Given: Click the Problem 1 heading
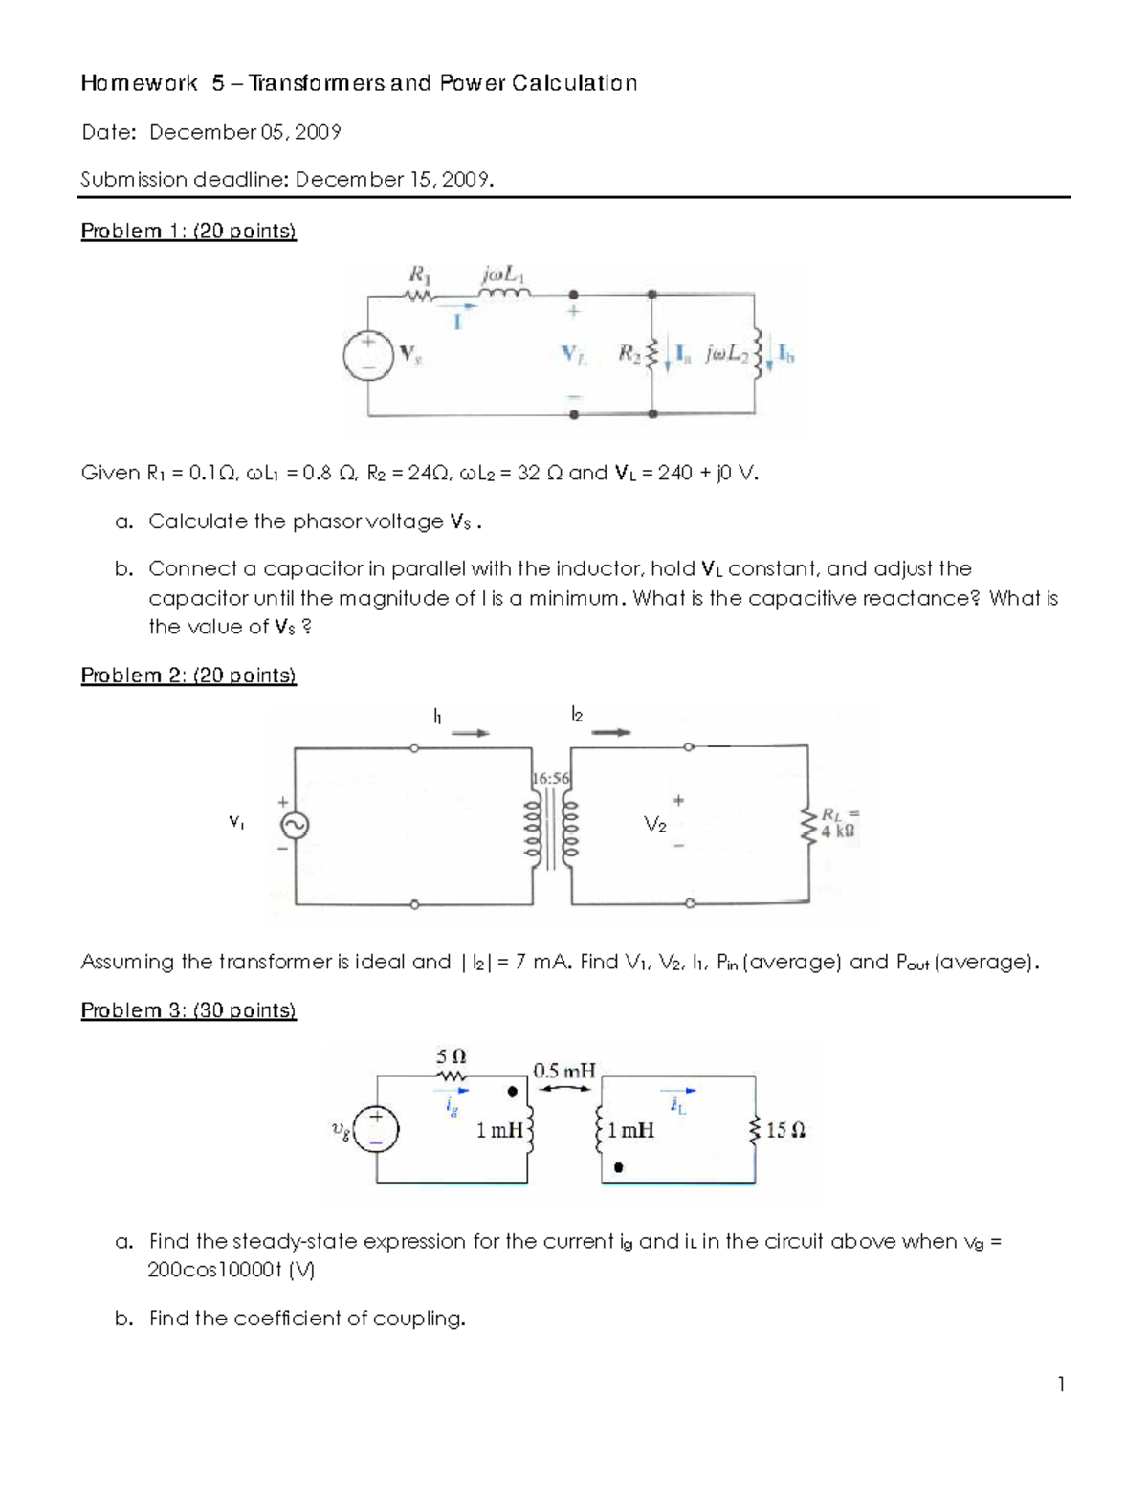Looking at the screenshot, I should click(x=188, y=231).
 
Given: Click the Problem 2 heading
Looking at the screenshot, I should click(x=188, y=676).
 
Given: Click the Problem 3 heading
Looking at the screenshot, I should click(x=188, y=1010).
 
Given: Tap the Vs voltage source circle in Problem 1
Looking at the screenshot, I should click(x=368, y=356).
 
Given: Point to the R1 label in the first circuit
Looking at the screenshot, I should click(x=419, y=275).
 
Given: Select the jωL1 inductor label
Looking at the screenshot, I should click(x=504, y=275).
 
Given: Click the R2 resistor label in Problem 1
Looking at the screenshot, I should click(x=628, y=354).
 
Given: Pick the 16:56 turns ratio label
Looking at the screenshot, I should click(x=550, y=778).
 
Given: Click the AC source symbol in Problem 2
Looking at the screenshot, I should click(x=294, y=825).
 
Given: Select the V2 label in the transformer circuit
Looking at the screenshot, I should click(x=655, y=825).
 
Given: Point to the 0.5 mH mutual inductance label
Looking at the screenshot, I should click(x=564, y=1071).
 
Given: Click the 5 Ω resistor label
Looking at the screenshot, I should click(x=452, y=1057).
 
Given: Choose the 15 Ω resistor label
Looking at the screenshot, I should click(x=786, y=1130).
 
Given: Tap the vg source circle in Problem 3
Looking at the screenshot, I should click(x=376, y=1129).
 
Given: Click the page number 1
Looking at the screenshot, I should click(x=1061, y=1384).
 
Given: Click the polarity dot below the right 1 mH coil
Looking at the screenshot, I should click(x=619, y=1167).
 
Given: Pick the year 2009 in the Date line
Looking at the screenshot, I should click(x=319, y=132).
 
